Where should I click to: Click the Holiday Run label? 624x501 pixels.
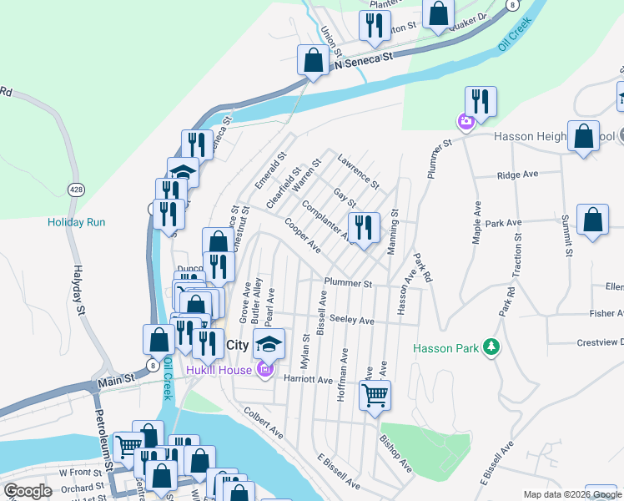click(77, 222)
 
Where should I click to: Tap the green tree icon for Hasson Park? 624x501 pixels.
click(491, 347)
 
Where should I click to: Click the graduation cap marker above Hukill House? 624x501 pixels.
click(269, 343)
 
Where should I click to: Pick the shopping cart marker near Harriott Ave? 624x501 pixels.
click(375, 394)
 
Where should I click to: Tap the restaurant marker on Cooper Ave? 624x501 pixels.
click(364, 227)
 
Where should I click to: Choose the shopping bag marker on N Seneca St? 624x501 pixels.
click(313, 60)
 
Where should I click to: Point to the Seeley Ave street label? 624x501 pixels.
click(351, 321)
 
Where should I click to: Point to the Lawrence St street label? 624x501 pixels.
click(358, 170)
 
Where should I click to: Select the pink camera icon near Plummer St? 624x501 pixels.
click(465, 123)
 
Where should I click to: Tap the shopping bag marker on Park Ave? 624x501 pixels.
click(592, 220)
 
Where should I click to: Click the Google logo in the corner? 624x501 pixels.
click(28, 491)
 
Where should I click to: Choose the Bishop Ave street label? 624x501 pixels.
click(395, 452)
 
